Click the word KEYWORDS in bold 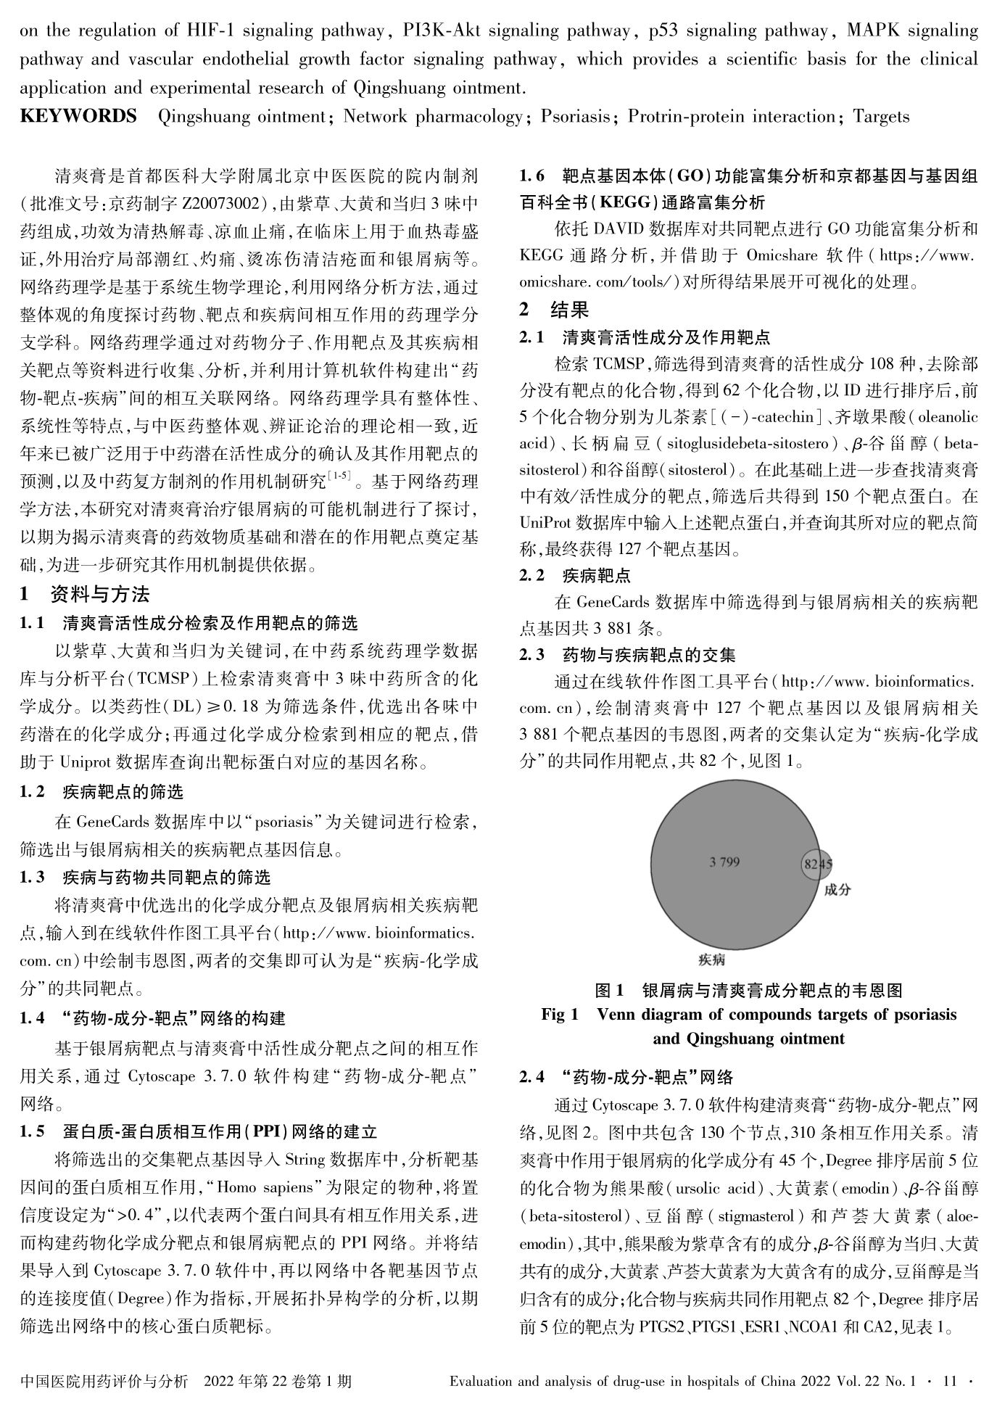(x=78, y=116)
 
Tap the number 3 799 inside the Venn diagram (x=724, y=862)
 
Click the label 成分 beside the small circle (x=837, y=889)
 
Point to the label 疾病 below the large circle (x=711, y=960)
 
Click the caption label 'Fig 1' (x=560, y=1014)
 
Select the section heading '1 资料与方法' (x=85, y=595)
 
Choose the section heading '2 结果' (x=555, y=310)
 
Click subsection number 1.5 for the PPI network (x=33, y=1132)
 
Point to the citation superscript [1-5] (x=339, y=475)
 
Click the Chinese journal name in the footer (x=104, y=1381)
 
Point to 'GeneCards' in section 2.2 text (x=613, y=602)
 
